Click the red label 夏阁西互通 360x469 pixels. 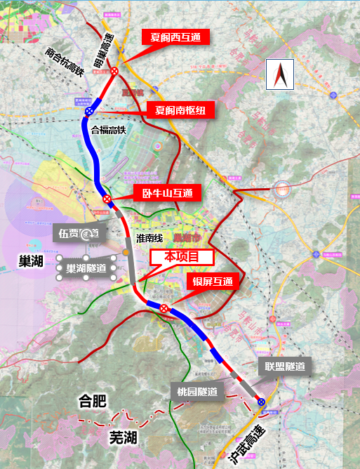click(171, 37)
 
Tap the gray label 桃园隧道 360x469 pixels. click(199, 391)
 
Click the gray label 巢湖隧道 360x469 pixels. click(86, 267)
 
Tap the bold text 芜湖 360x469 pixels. click(123, 438)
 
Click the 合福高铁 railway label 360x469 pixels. click(108, 129)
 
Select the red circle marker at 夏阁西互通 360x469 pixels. click(114, 70)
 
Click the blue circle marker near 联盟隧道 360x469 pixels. click(261, 402)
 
